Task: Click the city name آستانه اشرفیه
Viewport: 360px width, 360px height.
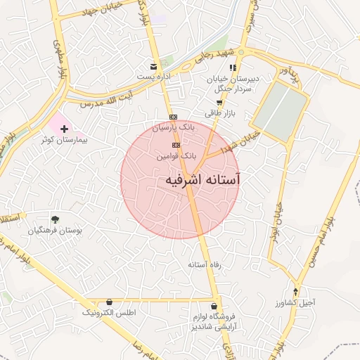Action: [202, 180]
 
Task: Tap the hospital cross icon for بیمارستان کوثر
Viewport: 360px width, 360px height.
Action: [65, 129]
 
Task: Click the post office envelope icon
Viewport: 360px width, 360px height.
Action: [153, 67]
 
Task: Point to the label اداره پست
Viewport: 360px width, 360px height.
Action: [151, 76]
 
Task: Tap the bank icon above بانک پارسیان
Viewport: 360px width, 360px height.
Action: [173, 117]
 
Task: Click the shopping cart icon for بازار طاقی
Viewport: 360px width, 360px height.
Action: [219, 103]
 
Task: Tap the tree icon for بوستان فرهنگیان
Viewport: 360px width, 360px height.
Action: [55, 219]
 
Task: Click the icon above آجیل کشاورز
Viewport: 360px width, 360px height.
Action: [295, 292]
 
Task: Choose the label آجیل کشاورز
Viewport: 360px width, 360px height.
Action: [296, 303]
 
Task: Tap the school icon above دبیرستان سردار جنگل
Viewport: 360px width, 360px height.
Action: [232, 67]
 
